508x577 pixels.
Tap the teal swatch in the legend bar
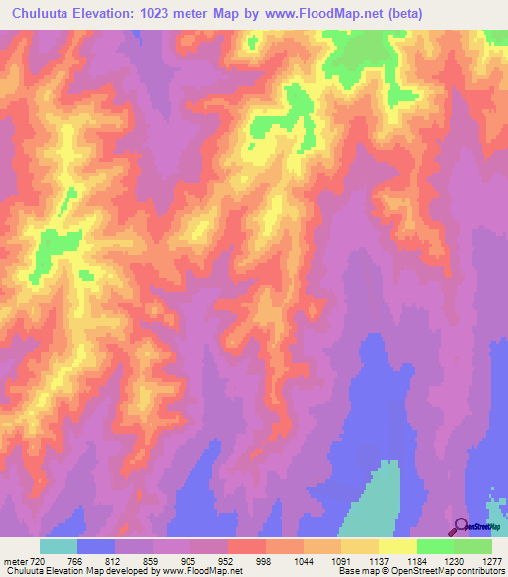pyautogui.click(x=59, y=546)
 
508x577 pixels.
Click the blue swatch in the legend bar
pyautogui.click(x=96, y=546)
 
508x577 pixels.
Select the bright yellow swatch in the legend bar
pyautogui.click(x=398, y=546)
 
